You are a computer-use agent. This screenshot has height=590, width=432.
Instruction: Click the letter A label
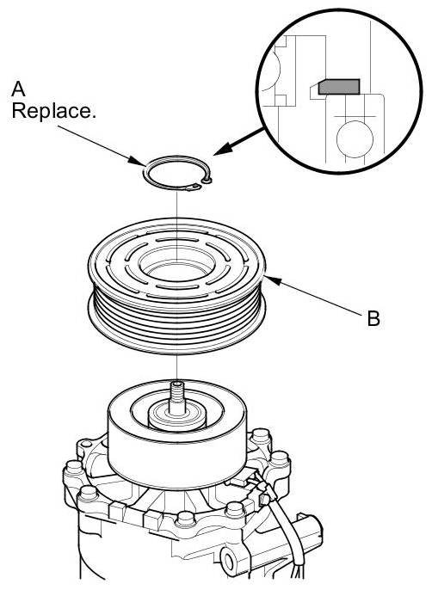[18, 89]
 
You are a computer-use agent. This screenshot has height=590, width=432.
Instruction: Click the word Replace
[54, 111]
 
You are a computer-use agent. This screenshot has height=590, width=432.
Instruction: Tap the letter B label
[373, 318]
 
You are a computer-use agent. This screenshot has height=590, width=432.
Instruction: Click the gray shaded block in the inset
[338, 87]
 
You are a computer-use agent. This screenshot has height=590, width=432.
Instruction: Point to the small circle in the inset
[355, 138]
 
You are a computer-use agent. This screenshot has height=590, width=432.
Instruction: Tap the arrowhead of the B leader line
[273, 280]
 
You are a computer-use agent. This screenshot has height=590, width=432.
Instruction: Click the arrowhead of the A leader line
[136, 161]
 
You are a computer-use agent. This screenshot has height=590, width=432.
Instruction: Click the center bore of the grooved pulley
[176, 262]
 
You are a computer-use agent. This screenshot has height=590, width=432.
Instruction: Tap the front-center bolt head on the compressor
[186, 521]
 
